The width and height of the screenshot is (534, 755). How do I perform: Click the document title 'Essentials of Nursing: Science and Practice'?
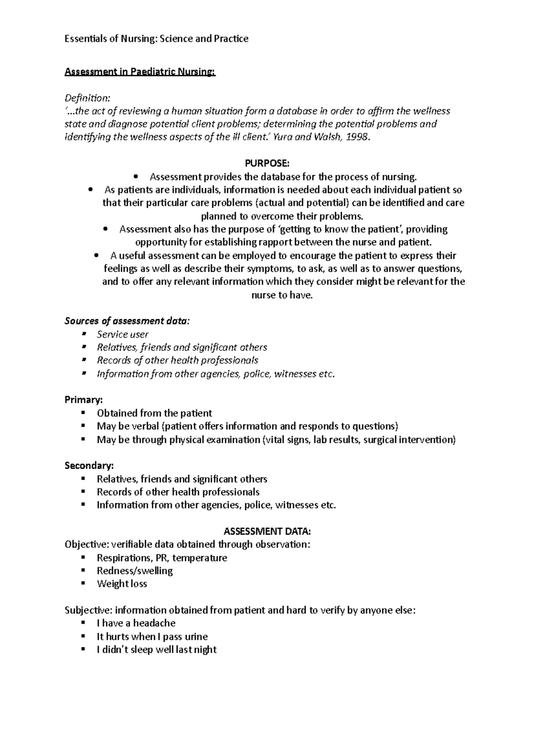(x=156, y=39)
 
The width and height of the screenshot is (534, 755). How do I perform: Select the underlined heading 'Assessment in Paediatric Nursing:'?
(x=140, y=72)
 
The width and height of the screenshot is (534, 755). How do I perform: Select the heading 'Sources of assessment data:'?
(x=127, y=321)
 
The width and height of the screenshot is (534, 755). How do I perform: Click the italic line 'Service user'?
(x=122, y=334)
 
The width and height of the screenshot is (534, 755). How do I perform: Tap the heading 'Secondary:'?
(x=89, y=466)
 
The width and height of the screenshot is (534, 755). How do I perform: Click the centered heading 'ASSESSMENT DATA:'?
(x=267, y=531)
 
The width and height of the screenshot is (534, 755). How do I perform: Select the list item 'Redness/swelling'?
(x=135, y=571)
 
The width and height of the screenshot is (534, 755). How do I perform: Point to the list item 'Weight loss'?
(x=122, y=584)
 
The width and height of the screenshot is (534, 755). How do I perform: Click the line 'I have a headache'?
(x=136, y=623)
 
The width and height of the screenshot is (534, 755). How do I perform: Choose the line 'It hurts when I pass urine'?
(x=152, y=637)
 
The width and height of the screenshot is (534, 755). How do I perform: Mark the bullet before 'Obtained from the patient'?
(x=83, y=413)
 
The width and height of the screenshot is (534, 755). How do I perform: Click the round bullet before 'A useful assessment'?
(x=97, y=256)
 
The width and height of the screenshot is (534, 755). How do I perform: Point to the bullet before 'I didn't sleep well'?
(x=83, y=650)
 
